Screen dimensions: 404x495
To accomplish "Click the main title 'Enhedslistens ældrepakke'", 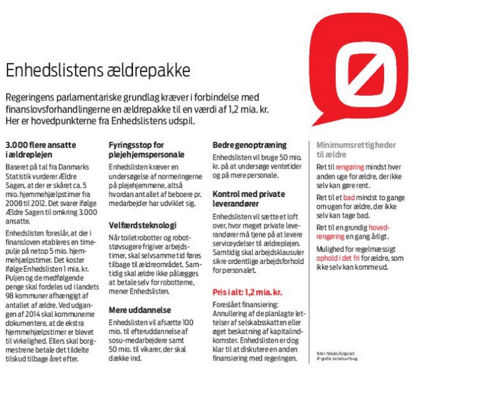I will (x=98, y=71).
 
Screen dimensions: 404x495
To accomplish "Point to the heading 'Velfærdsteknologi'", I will (x=142, y=225).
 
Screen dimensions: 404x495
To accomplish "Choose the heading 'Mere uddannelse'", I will (x=139, y=310).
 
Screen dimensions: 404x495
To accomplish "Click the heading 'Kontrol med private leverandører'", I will (x=249, y=199).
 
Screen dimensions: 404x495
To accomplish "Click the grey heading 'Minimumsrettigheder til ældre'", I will (x=356, y=150).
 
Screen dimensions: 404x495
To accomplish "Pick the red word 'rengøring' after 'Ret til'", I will (x=350, y=167).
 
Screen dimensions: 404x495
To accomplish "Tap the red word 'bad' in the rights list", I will (x=350, y=198).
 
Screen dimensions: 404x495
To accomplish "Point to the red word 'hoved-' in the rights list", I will (x=379, y=228).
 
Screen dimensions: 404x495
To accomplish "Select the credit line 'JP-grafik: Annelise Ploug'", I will (x=337, y=359).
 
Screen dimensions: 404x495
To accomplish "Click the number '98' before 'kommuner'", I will (x=10, y=295).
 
